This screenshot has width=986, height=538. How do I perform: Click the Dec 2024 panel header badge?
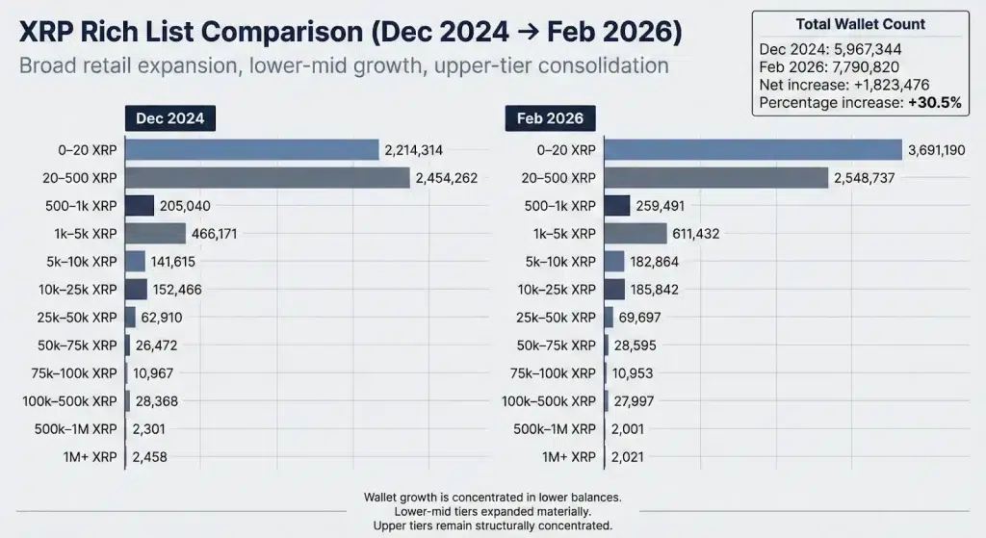point(170,118)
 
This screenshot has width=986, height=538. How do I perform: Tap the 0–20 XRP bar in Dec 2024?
point(252,150)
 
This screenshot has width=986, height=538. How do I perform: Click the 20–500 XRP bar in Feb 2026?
point(714,178)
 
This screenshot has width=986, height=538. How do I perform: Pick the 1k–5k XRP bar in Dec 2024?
point(155,233)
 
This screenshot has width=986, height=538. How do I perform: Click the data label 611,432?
point(695,233)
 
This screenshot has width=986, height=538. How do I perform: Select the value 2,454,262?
point(446,178)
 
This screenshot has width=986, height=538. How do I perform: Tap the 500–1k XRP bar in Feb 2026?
point(616,206)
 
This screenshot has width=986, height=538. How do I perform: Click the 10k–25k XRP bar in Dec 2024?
point(137,290)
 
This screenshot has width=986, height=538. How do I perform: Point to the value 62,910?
point(162,318)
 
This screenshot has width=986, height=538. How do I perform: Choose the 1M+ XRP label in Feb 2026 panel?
point(569,457)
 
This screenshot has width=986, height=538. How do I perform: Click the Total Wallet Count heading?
point(861,24)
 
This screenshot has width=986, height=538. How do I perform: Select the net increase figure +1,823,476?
point(891,85)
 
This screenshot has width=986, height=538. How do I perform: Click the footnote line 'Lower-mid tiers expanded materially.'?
point(492,511)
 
